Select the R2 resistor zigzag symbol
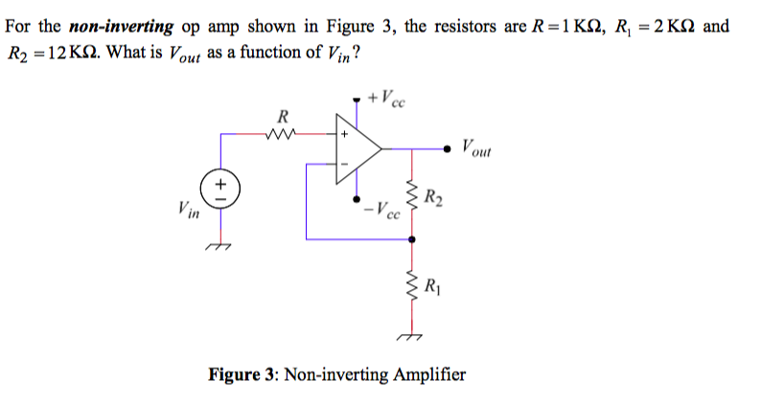click(413, 200)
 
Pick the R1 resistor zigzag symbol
click(413, 285)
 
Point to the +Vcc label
click(389, 98)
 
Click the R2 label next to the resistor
click(435, 200)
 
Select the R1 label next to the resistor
click(435, 285)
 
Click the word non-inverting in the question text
click(115, 26)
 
